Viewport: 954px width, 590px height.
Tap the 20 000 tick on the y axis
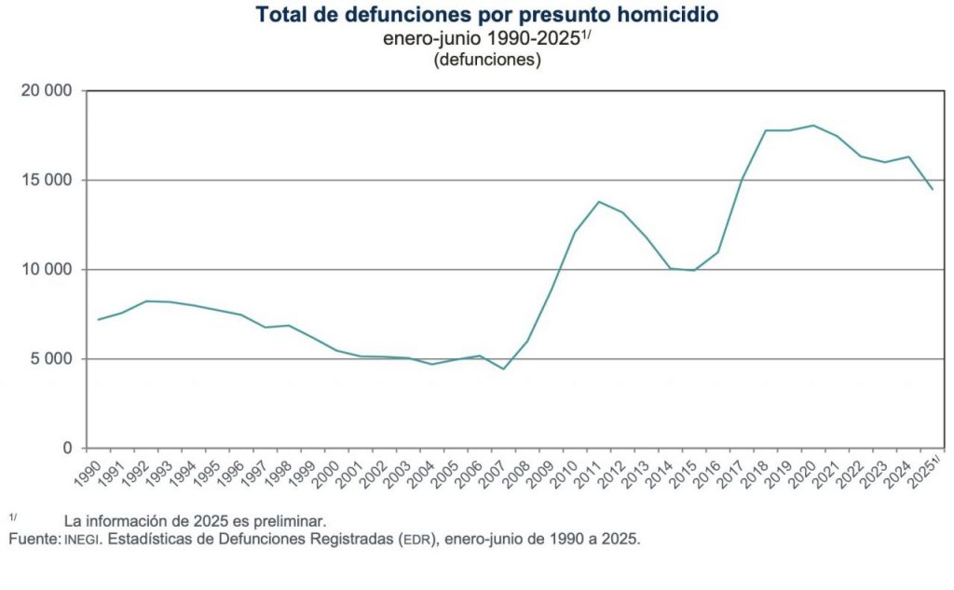(47, 91)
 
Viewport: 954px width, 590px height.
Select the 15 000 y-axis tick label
(47, 181)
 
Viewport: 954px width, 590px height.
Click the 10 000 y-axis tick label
(47, 270)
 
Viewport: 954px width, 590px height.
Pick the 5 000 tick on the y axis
(51, 359)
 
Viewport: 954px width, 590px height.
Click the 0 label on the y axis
(67, 449)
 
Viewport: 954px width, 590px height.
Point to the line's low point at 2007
(503, 369)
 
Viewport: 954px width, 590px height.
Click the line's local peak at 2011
(599, 202)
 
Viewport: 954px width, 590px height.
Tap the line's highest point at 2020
(813, 126)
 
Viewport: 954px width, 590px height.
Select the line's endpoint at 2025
(932, 189)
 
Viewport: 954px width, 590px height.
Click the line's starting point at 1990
(98, 320)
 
